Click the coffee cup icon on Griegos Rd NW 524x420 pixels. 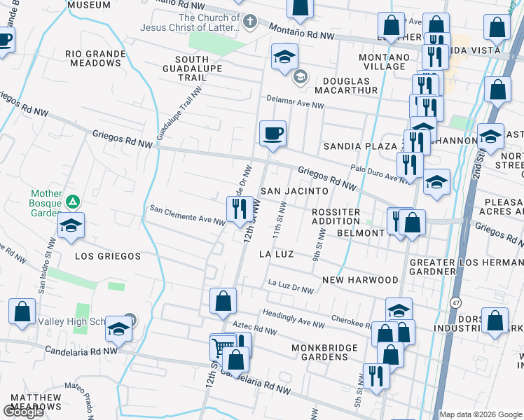point(273,132)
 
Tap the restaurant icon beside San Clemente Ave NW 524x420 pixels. point(239,208)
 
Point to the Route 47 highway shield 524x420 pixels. point(455,302)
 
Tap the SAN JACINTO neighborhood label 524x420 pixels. point(294,191)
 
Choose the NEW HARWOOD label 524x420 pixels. point(360,280)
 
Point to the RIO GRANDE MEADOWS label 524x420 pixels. point(93,58)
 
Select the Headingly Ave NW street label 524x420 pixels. point(294,319)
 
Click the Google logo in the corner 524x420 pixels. point(23,412)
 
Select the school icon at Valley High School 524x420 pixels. point(119,328)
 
